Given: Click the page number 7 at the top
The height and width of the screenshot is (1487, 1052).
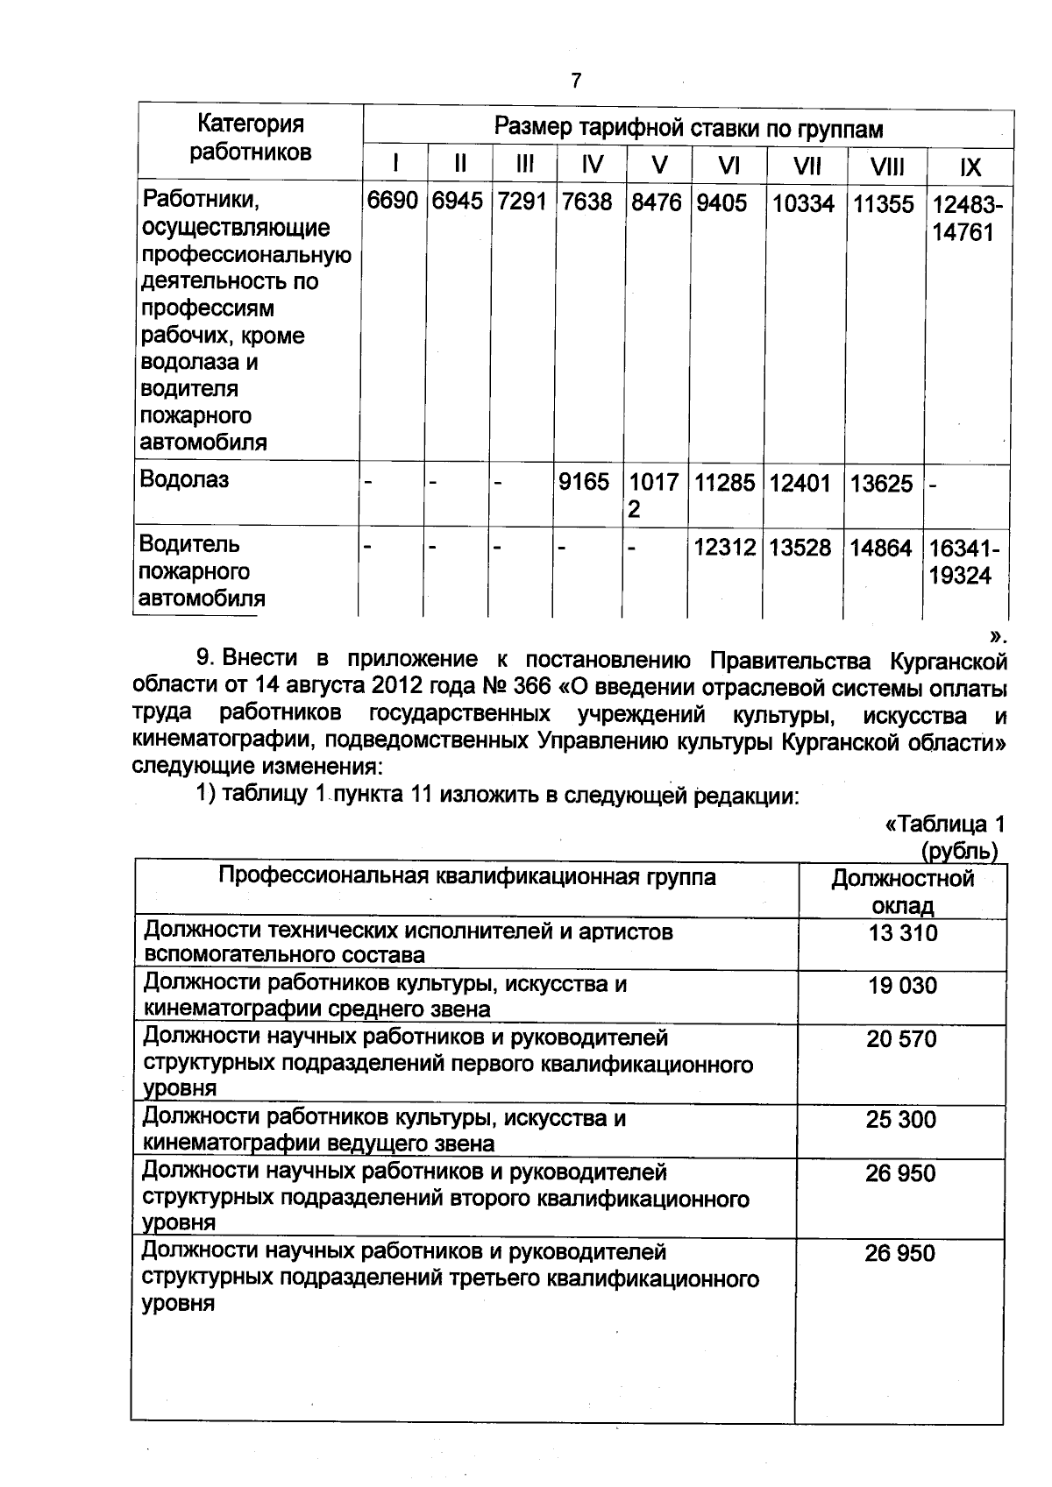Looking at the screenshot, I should point(576,81).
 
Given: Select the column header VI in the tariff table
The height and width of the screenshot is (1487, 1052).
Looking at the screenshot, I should point(729,166).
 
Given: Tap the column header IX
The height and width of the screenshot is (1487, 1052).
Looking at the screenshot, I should point(970,167).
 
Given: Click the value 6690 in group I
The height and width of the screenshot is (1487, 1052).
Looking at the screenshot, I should point(392,202).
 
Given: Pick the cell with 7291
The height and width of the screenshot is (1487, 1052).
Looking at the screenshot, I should point(522,202).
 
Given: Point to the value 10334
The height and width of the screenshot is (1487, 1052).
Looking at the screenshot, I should point(803,204).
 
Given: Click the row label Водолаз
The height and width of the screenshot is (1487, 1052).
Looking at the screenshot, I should point(184,479).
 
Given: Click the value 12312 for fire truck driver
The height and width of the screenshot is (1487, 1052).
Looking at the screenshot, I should point(724,548).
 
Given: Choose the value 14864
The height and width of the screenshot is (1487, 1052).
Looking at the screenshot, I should point(881,549).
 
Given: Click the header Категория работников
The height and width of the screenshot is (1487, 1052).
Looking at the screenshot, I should point(250,138).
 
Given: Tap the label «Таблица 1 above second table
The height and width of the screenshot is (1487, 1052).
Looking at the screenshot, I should point(945,825).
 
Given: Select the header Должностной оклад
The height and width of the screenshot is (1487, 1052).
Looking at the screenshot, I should point(902,891).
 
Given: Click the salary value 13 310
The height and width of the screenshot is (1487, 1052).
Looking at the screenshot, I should point(902,933).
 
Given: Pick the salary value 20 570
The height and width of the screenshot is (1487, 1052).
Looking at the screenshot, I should point(901,1039).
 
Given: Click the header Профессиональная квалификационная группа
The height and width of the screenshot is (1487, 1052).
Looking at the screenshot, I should point(466,877).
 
